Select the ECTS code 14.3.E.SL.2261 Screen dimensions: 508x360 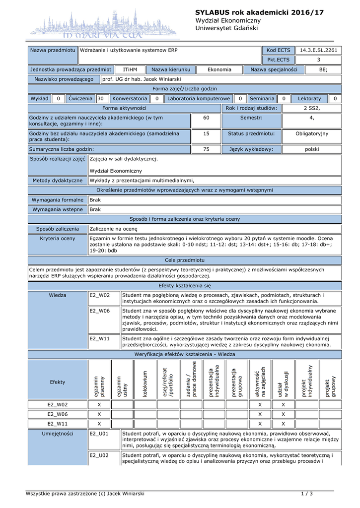(318, 51)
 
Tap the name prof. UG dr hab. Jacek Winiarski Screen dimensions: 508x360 (142, 79)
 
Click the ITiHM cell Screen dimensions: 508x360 (130, 70)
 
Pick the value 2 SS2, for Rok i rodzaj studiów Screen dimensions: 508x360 (312, 108)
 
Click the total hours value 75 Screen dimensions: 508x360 (206, 149)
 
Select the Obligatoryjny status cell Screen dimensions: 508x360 (312, 134)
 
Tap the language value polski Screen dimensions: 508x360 (312, 149)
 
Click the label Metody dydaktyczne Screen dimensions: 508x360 (58, 181)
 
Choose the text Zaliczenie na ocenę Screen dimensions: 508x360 (113, 229)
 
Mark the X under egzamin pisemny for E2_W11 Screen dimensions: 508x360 (99, 424)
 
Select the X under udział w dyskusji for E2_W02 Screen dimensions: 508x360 (284, 405)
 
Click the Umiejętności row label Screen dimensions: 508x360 (58, 434)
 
